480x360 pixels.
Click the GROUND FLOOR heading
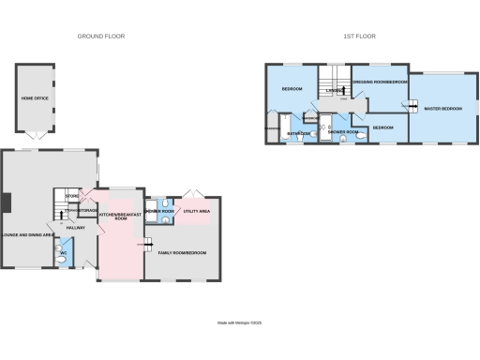click(101, 36)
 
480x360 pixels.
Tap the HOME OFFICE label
click(34, 97)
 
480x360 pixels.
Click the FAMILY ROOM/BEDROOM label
click(183, 253)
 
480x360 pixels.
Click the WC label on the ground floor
click(63, 253)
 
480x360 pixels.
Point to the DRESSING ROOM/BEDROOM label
click(380, 82)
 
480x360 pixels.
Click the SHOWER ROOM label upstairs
click(343, 132)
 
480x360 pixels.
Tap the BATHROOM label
click(299, 133)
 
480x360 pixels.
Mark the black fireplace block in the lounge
click(5, 202)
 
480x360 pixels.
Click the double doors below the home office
click(35, 137)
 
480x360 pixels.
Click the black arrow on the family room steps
click(148, 246)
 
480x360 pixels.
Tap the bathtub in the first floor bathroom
click(273, 135)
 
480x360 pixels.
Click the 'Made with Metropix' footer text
click(241, 323)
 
